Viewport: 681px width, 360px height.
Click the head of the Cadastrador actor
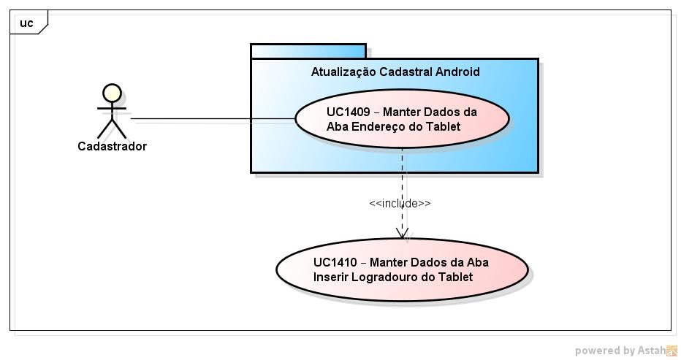pyautogui.click(x=112, y=93)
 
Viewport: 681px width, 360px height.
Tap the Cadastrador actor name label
pyautogui.click(x=112, y=146)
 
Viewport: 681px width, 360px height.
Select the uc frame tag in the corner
pyautogui.click(x=27, y=23)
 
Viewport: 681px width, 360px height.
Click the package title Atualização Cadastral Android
pyautogui.click(x=395, y=72)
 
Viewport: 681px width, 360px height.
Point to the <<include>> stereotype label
pyautogui.click(x=400, y=204)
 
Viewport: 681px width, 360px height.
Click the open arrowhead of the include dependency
pyautogui.click(x=402, y=233)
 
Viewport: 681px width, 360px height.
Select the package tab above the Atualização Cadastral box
pyautogui.click(x=308, y=51)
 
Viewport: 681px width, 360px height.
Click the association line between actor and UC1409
pyautogui.click(x=212, y=119)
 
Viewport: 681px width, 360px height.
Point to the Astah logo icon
pyautogui.click(x=671, y=351)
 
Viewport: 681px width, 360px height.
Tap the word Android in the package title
pyautogui.click(x=458, y=72)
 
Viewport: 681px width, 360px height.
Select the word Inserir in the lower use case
pyautogui.click(x=331, y=277)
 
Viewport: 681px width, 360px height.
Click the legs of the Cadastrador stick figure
pyautogui.click(x=112, y=130)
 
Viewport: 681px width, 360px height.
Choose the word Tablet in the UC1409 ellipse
pyautogui.click(x=444, y=126)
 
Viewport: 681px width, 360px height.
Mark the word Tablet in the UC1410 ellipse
pyautogui.click(x=455, y=277)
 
